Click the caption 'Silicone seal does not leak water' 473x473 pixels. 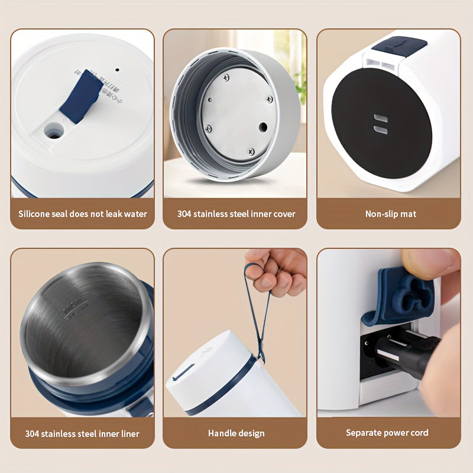(x=83, y=213)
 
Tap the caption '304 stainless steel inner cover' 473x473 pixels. (x=236, y=213)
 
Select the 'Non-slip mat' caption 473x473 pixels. (x=390, y=213)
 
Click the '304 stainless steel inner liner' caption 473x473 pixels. (x=82, y=433)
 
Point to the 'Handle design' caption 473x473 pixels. (x=236, y=433)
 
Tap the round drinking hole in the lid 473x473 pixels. (x=54, y=131)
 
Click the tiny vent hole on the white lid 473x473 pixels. (x=116, y=69)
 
